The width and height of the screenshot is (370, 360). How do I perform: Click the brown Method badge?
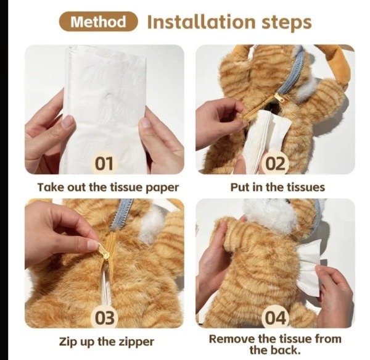point(98,22)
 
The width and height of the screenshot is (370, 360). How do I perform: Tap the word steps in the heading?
point(287,23)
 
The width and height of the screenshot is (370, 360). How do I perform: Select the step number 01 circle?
point(104,163)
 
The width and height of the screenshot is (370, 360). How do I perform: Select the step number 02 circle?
point(275,163)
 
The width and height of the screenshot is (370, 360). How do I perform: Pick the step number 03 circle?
point(104,317)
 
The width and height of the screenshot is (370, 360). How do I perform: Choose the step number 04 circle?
point(275,317)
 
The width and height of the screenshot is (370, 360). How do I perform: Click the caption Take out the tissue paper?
point(109,187)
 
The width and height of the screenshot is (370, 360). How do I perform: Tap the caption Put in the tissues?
point(277,187)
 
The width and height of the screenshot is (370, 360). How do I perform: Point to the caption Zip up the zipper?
point(107,341)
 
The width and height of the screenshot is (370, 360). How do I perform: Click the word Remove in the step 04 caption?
point(232,339)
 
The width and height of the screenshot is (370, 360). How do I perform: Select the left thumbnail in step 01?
point(67,122)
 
